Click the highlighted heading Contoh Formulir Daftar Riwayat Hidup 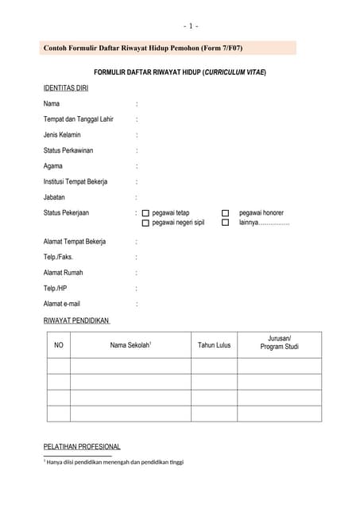pyautogui.click(x=143, y=49)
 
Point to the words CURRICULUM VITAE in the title pyautogui.click(x=234, y=72)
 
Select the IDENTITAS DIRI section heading pyautogui.click(x=66, y=88)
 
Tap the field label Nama pyautogui.click(x=52, y=104)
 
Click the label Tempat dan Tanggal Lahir pyautogui.click(x=79, y=119)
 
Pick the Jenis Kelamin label pyautogui.click(x=62, y=134)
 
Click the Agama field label pyautogui.click(x=53, y=165)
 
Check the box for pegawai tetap pyautogui.click(x=145, y=213)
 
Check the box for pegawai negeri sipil pyautogui.click(x=145, y=223)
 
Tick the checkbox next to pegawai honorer pyautogui.click(x=226, y=213)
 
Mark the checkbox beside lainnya pyautogui.click(x=226, y=223)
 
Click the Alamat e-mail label pyautogui.click(x=62, y=303)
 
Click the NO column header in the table pyautogui.click(x=58, y=345)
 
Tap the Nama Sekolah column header pyautogui.click(x=130, y=345)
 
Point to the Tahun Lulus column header pyautogui.click(x=214, y=345)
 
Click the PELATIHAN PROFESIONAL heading pyautogui.click(x=82, y=447)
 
